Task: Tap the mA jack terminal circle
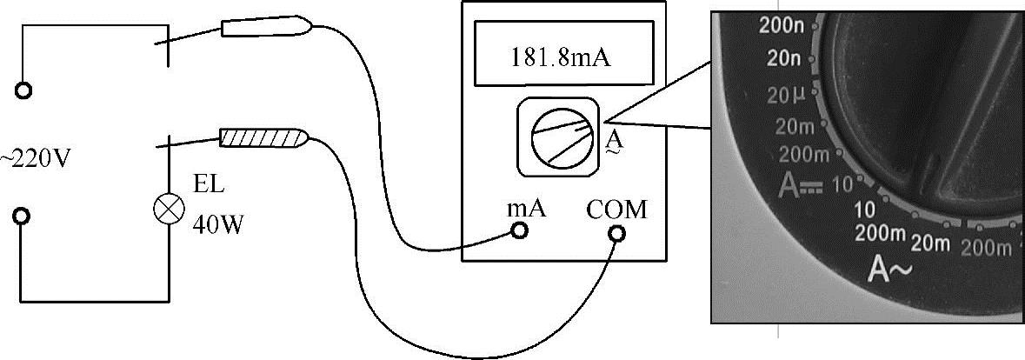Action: [520, 230]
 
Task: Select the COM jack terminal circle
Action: [616, 233]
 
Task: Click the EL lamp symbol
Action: [165, 209]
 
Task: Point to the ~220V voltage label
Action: [34, 160]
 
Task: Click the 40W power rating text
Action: [216, 224]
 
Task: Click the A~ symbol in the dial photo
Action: [887, 271]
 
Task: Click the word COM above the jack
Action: [616, 210]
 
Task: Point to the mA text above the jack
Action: [525, 209]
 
